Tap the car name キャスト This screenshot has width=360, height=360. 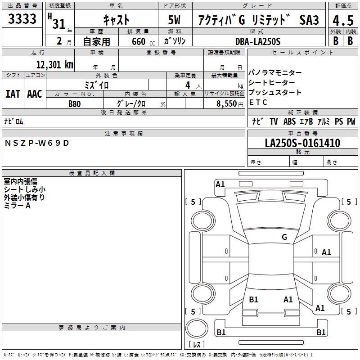pyautogui.click(x=116, y=20)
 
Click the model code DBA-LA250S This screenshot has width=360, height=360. pyautogui.click(x=258, y=41)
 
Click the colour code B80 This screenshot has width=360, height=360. pyautogui.click(x=75, y=103)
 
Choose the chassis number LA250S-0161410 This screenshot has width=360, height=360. pyautogui.click(x=302, y=143)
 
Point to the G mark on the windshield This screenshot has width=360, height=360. pyautogui.click(x=284, y=237)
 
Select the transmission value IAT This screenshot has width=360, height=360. pyautogui.click(x=13, y=94)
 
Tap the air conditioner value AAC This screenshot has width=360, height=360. pyautogui.click(x=34, y=94)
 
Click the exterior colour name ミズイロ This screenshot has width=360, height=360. pyautogui.click(x=97, y=85)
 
